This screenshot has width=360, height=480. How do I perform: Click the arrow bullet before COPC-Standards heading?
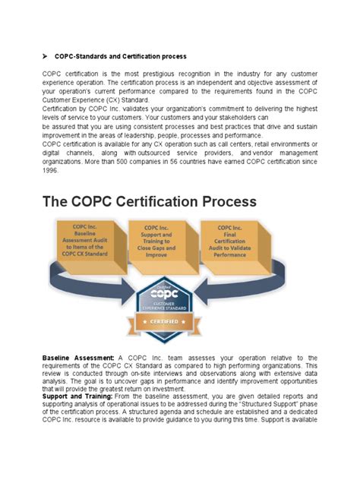click(x=46, y=57)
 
